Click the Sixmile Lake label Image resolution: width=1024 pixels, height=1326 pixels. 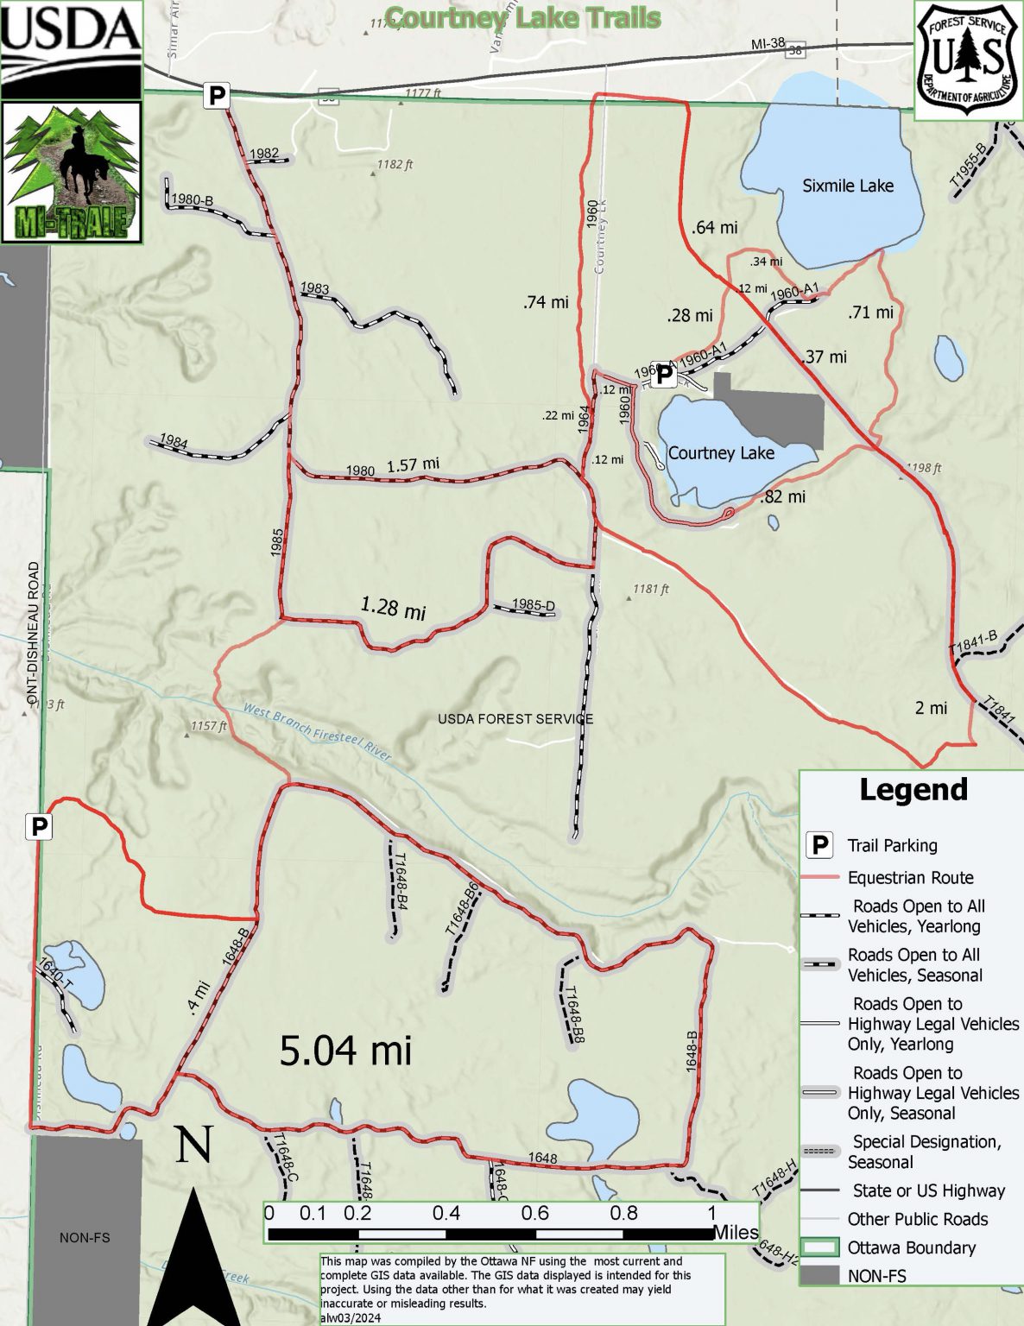(x=847, y=186)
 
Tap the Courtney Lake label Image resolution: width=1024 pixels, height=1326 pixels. (x=721, y=453)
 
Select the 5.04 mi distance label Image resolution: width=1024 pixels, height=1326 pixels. (x=345, y=1051)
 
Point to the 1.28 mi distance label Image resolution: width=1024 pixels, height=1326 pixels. (x=393, y=608)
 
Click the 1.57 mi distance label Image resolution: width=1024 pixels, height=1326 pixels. (x=413, y=464)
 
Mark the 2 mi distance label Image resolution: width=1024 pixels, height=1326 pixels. (x=931, y=708)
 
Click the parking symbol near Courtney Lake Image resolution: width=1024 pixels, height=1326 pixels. (x=662, y=375)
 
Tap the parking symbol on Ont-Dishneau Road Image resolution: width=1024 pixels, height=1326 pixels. (x=39, y=827)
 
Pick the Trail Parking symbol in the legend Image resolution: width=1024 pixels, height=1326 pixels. (x=819, y=845)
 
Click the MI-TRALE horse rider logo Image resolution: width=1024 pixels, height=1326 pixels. (x=72, y=173)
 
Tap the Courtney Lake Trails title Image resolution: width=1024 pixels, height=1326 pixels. (x=523, y=18)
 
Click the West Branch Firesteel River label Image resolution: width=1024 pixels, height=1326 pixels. (x=317, y=731)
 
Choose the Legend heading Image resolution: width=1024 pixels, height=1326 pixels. (x=913, y=790)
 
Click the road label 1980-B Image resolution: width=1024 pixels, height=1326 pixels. (x=192, y=200)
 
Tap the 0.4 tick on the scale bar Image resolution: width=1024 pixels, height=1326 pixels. (x=446, y=1213)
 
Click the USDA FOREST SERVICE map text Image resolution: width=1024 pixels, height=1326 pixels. (x=515, y=718)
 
